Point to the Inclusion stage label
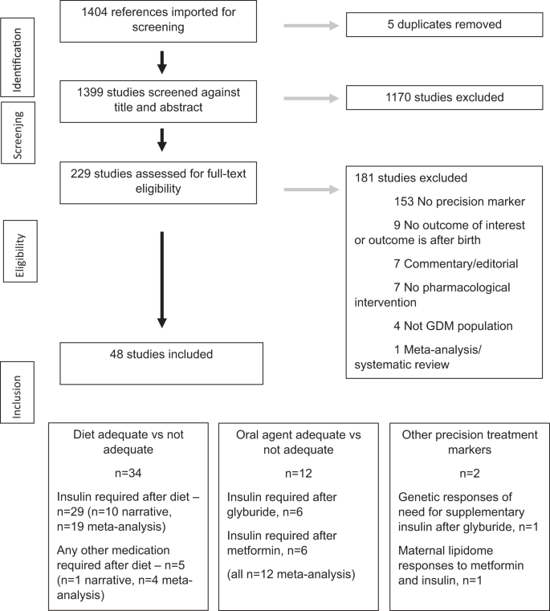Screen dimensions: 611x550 tap(22, 388)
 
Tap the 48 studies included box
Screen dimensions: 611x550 tap(161, 363)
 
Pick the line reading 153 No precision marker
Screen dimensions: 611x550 tap(458, 201)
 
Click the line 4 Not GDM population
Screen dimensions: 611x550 tap(454, 327)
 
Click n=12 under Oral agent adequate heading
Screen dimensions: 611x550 tap(302, 474)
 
